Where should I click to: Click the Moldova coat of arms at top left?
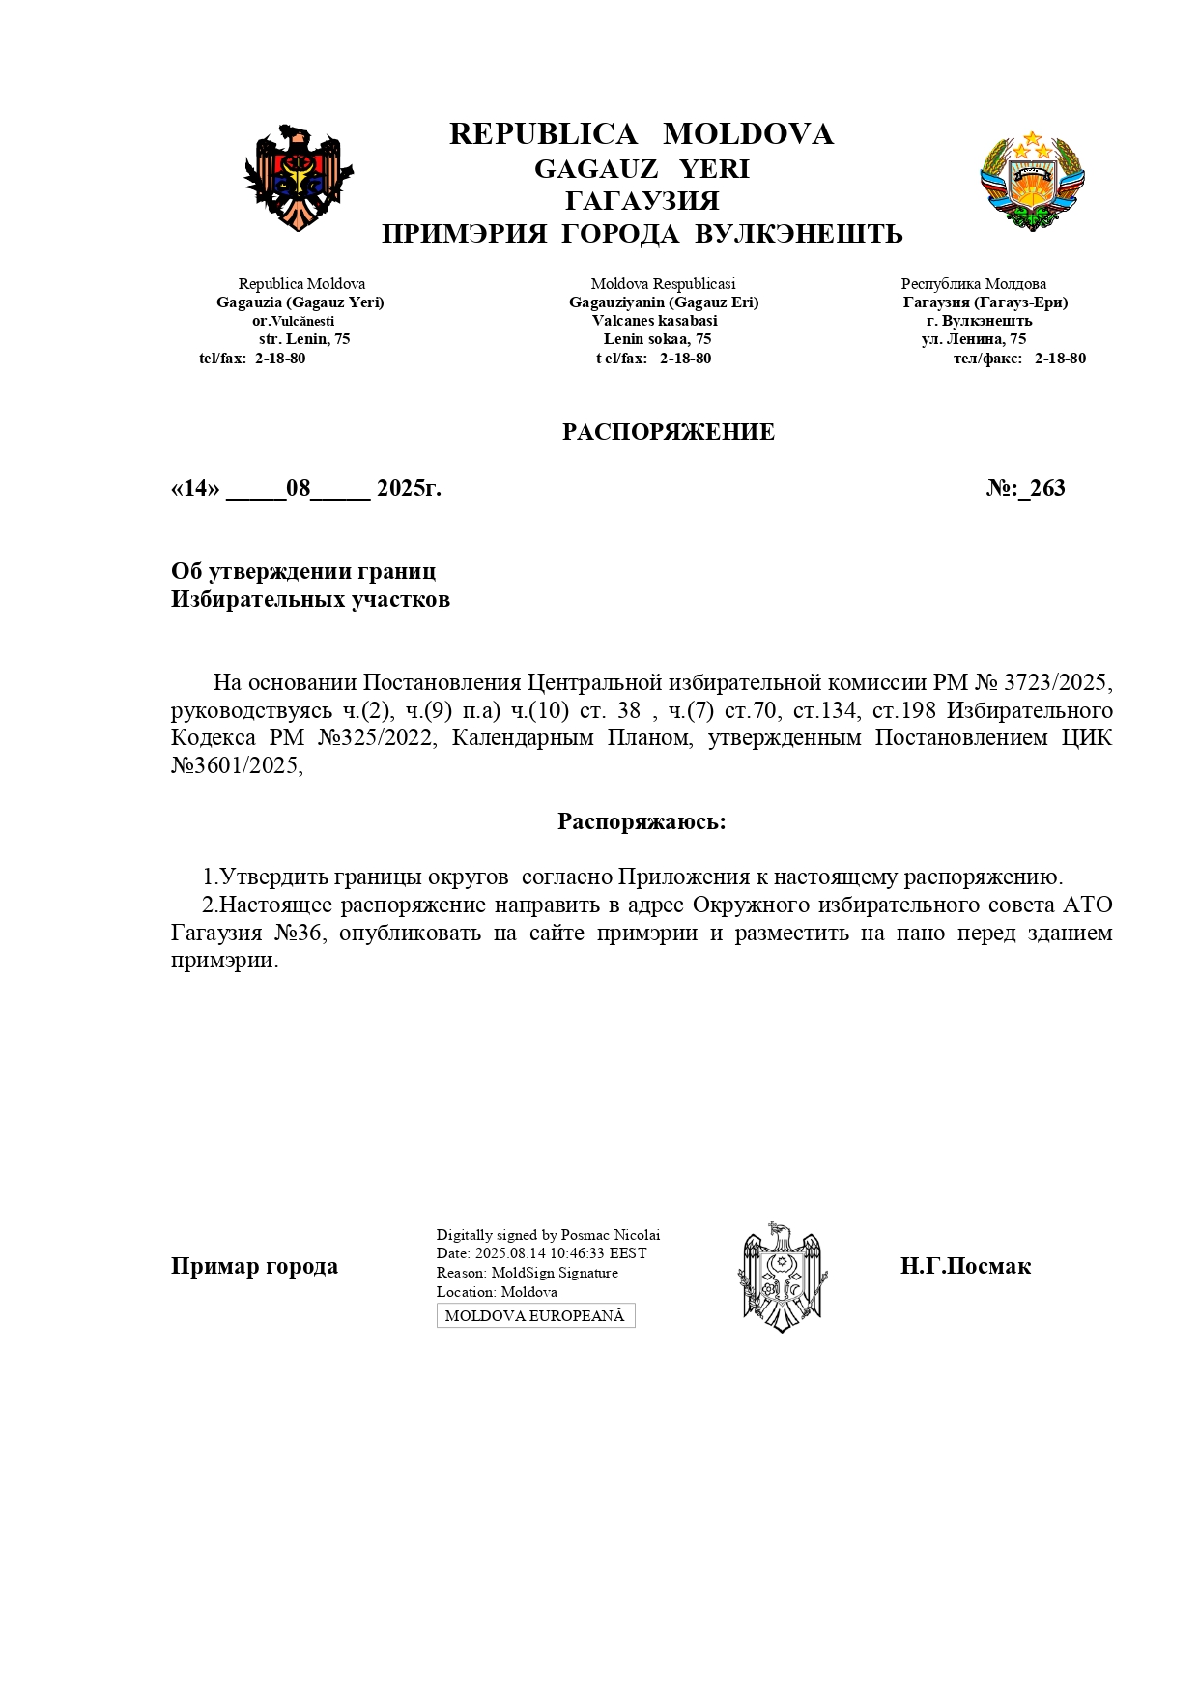coord(298,178)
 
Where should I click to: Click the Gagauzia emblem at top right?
coord(1032,181)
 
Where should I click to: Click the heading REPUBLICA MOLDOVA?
coord(642,134)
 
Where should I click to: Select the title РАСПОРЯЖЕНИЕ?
coord(669,432)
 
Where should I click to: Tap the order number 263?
coord(1047,488)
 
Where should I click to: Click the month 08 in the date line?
coord(298,488)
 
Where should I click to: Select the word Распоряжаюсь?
coord(642,821)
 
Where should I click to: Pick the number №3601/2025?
coord(237,766)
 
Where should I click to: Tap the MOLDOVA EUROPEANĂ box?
coord(535,1315)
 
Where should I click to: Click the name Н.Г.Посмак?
coord(965,1266)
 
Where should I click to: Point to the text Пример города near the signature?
coord(254,1266)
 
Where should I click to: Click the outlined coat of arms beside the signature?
coord(783,1277)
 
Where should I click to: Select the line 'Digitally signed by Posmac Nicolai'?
coord(548,1235)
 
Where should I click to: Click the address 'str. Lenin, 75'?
coord(304,339)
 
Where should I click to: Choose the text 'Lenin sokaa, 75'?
coord(657,339)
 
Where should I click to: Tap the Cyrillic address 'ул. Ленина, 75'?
coord(974,339)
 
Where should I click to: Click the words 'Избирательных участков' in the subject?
coord(310,599)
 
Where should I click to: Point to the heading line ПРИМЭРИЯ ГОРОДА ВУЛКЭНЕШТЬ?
coord(642,234)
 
